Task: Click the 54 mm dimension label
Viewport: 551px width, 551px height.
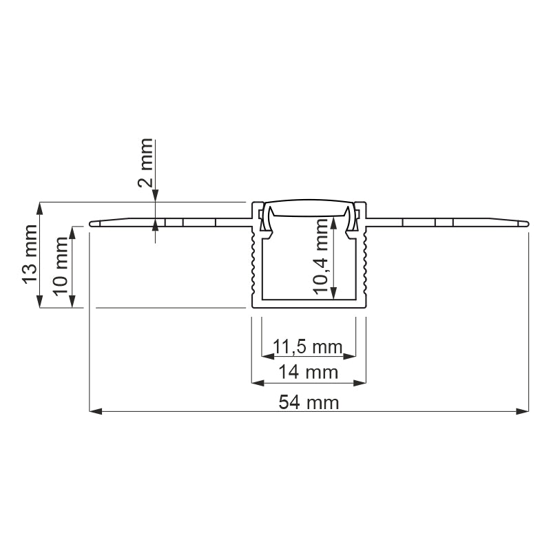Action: (x=309, y=403)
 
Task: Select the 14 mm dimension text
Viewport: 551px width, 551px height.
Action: (x=308, y=373)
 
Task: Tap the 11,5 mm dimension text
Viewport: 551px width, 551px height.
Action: (x=308, y=346)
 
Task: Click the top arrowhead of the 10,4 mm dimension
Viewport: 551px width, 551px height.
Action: (x=334, y=222)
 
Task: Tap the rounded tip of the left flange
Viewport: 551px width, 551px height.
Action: (x=93, y=223)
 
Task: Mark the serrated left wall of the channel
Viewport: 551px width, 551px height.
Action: (x=256, y=265)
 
